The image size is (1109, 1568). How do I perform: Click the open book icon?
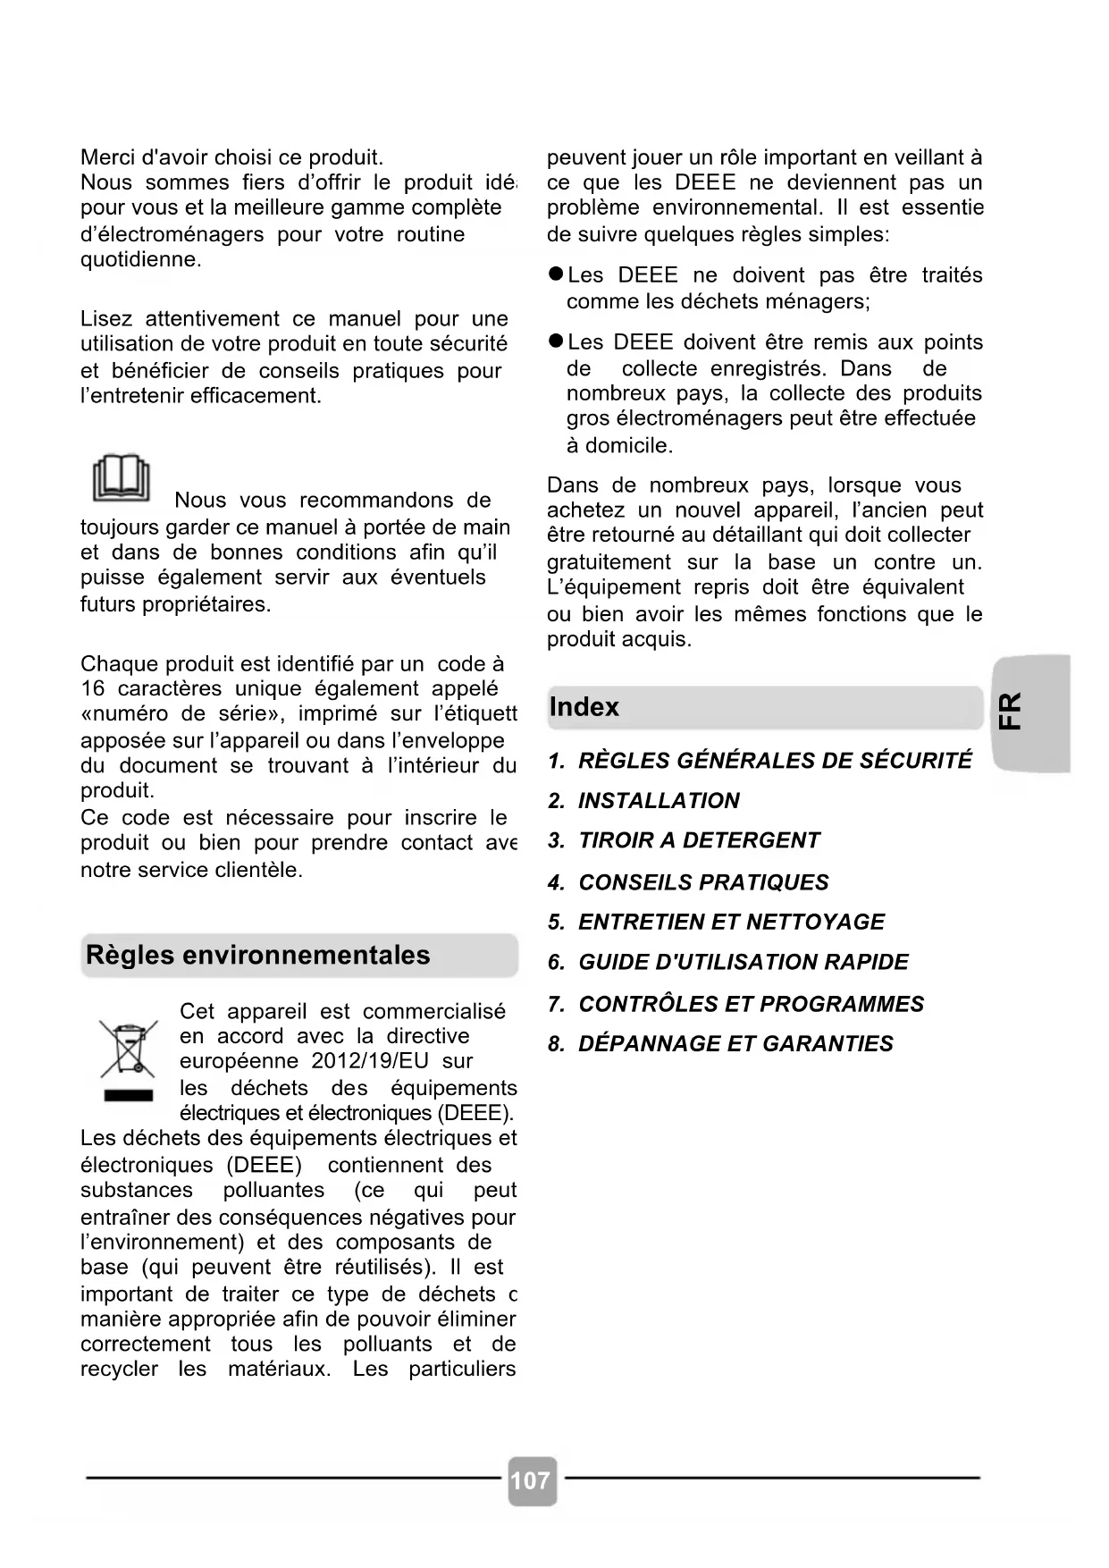(x=122, y=477)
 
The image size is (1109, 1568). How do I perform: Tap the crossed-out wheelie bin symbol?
(x=128, y=1048)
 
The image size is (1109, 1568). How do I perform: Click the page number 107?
(x=531, y=1480)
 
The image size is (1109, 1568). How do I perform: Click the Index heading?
(x=584, y=707)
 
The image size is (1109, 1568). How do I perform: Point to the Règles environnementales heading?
(x=258, y=955)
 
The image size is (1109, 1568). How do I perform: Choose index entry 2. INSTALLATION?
(x=644, y=800)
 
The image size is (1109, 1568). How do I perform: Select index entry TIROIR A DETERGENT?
(x=685, y=840)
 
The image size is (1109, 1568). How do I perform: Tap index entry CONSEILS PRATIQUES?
(x=689, y=882)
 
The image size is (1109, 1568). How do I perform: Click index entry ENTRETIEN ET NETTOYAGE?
(x=717, y=922)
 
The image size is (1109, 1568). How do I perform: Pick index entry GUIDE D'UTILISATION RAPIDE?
(x=728, y=962)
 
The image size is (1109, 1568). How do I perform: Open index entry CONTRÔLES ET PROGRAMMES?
(x=736, y=1004)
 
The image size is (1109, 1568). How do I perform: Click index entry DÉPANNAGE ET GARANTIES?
(x=721, y=1043)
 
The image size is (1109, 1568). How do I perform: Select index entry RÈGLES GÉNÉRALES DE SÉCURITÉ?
(x=760, y=761)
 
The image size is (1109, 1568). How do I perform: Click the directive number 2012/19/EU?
(x=370, y=1061)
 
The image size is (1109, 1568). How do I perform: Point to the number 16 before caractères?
(x=92, y=689)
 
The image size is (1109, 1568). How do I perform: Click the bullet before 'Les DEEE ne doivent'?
(x=556, y=274)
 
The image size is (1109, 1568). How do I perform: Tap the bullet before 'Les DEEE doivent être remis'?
(x=556, y=341)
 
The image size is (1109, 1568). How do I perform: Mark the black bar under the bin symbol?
(x=129, y=1095)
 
